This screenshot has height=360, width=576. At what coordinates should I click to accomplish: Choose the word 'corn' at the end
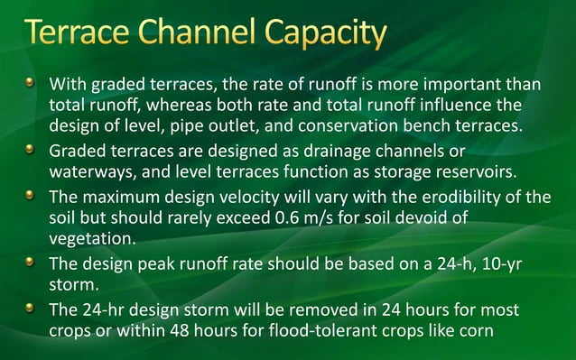[x=477, y=330]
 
